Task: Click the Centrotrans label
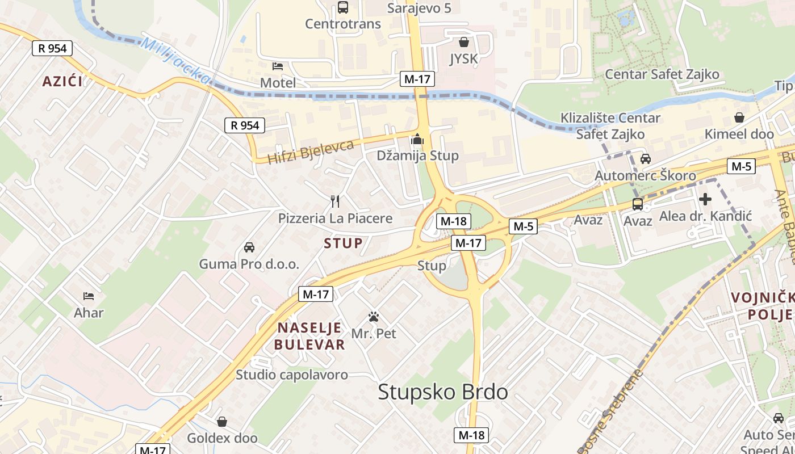pos(342,24)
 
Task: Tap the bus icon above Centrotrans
pos(343,7)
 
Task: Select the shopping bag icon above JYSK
pos(464,42)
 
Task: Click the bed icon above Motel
pos(278,66)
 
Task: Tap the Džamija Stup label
pos(417,155)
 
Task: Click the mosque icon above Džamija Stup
pos(418,138)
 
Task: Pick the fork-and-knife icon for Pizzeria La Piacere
pos(335,201)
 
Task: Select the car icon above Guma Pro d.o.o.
pos(249,247)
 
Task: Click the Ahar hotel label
pos(89,313)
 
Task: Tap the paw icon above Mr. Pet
pos(374,317)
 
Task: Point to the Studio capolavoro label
pos(292,375)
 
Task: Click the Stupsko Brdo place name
pos(442,392)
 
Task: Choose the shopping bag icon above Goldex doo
pos(222,422)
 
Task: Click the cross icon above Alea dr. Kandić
pos(705,199)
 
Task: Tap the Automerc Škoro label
pos(645,176)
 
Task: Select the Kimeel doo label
pos(739,134)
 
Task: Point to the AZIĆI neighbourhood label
pos(62,81)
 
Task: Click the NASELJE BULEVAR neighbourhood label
pos(309,336)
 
